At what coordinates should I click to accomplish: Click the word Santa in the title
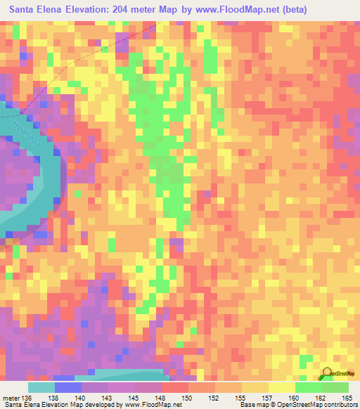pyautogui.click(x=25, y=10)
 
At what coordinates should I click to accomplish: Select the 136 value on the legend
pyautogui.click(x=27, y=398)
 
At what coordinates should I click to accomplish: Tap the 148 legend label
pyautogui.click(x=161, y=398)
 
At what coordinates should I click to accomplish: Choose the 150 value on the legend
pyautogui.click(x=188, y=398)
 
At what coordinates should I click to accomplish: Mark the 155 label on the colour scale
pyautogui.click(x=241, y=398)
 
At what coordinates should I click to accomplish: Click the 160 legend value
pyautogui.click(x=295, y=398)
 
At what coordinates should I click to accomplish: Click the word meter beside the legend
pyautogui.click(x=9, y=398)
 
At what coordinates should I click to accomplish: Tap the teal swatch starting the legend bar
pyautogui.click(x=41, y=387)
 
